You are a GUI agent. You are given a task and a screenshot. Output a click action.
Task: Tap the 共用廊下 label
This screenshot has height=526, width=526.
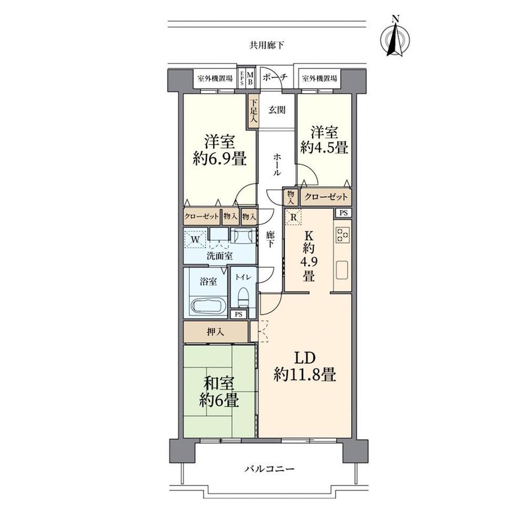coord(266,45)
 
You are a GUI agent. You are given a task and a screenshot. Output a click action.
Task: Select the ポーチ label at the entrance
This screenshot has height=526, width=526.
coord(275,78)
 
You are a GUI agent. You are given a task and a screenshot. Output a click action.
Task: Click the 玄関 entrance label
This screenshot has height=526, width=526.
coord(277,110)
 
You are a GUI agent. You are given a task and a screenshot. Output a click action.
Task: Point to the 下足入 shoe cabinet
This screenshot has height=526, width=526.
coord(253,111)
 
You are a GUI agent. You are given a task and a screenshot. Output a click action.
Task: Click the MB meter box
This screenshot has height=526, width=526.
coord(250,78)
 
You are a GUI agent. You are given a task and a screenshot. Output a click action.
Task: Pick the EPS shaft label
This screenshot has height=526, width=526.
coord(242,78)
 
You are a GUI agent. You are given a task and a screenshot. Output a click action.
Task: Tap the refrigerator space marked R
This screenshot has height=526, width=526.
coord(293,217)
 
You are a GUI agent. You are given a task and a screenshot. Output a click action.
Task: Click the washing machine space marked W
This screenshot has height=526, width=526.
coord(195,240)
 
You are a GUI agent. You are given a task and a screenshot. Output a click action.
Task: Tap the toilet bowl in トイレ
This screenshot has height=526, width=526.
coord(243,297)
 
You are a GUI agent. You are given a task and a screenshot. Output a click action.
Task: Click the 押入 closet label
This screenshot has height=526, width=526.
coord(216,332)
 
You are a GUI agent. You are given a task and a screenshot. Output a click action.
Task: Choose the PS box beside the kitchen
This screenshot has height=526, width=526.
coord(343,213)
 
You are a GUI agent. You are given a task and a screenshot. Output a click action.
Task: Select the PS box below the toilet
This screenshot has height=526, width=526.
coord(238,314)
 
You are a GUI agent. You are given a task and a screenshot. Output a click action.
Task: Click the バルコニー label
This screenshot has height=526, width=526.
coord(269,468)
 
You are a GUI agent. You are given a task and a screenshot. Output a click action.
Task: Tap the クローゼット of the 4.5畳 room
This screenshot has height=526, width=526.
coord(326,196)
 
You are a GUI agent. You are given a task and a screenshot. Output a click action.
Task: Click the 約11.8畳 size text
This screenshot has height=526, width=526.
coord(305,374)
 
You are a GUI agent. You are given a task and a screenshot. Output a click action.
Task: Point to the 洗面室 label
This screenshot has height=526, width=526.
coord(220,256)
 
